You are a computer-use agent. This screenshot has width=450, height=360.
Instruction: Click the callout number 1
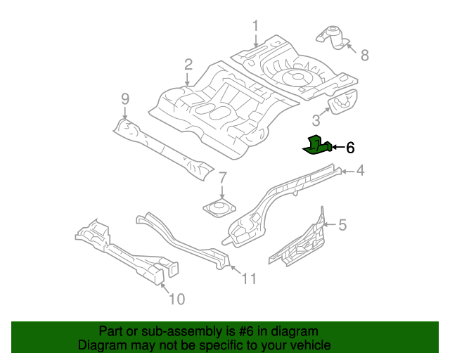pyautogui.click(x=255, y=26)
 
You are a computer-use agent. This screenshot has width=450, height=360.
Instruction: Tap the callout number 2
pyautogui.click(x=188, y=65)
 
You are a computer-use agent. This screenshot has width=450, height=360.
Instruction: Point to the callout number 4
pyautogui.click(x=359, y=170)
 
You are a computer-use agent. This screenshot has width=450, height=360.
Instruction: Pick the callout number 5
pyautogui.click(x=342, y=225)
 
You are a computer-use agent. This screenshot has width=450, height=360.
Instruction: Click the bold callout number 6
pyautogui.click(x=350, y=148)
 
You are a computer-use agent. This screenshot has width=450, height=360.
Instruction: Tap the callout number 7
pyautogui.click(x=221, y=177)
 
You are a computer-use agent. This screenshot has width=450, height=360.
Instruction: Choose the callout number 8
pyautogui.click(x=364, y=55)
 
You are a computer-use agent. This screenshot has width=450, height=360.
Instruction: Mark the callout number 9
pyautogui.click(x=125, y=98)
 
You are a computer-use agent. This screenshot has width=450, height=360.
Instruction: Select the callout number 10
pyautogui.click(x=176, y=300)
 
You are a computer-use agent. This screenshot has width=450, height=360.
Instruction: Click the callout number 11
pyautogui.click(x=249, y=280)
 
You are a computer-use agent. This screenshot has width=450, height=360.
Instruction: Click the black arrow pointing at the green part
pyautogui.click(x=336, y=148)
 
